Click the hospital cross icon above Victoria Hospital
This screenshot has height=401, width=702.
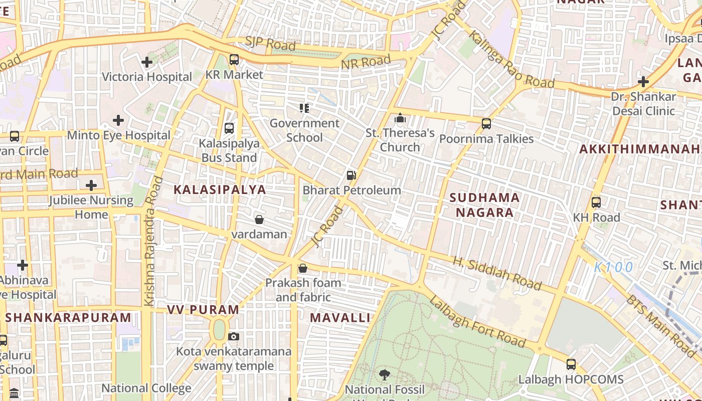147,62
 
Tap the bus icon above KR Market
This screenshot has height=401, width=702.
234,60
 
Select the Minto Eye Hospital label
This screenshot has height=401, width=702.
119,135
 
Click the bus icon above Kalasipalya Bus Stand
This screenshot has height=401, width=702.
229,128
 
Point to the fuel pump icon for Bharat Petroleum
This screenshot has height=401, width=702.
352,175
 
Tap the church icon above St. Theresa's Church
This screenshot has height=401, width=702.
400,118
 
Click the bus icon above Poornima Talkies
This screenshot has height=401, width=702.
486,124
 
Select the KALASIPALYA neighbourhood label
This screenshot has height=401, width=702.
220,189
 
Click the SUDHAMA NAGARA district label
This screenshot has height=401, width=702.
484,205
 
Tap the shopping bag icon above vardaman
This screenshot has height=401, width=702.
259,220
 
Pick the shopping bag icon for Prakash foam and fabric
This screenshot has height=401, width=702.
303,269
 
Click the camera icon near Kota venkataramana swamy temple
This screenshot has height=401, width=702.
234,336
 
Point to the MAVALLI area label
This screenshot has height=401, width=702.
340,317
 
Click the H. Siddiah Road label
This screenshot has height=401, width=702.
497,274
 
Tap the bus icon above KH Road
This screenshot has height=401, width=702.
596,203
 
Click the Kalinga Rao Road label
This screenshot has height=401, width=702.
511,60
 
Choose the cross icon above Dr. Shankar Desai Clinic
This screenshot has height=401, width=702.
643,82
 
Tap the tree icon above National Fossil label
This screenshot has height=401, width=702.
385,374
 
